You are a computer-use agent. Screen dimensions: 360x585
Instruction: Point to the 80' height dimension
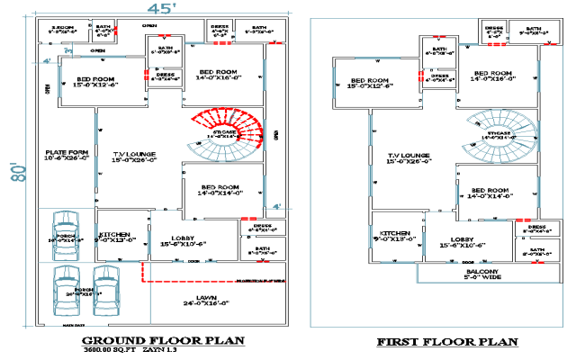pyautogui.click(x=14, y=171)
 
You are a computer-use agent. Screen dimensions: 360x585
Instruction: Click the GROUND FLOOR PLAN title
pyautogui.click(x=163, y=340)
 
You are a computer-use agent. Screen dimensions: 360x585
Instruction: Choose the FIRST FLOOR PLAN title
pyautogui.click(x=447, y=341)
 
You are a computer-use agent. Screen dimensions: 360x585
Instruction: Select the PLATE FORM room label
pyautogui.click(x=67, y=154)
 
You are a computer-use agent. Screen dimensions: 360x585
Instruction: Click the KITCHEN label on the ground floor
pyautogui.click(x=116, y=234)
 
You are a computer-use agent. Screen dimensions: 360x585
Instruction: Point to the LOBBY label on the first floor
pyautogui.click(x=457, y=239)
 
